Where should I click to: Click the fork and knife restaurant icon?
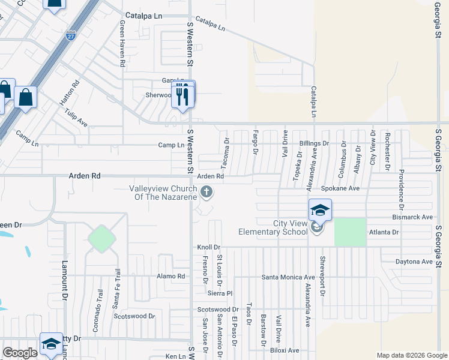tap(184, 95)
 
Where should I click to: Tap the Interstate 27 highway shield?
tap(71, 36)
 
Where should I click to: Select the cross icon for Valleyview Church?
tap(206, 192)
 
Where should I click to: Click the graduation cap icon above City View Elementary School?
tap(320, 210)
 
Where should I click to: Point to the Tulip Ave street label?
tap(76, 118)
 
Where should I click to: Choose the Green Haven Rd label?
tap(122, 43)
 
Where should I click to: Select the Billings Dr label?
tap(314, 144)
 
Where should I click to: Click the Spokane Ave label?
tap(340, 188)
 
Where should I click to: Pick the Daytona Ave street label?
tap(414, 262)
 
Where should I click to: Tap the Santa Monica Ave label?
tap(288, 277)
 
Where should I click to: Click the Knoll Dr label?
tap(209, 247)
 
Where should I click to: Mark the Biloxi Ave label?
tap(285, 350)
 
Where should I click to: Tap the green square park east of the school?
tap(350, 232)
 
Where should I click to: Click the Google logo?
tap(20, 353)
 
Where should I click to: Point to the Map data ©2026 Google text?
tap(411, 355)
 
